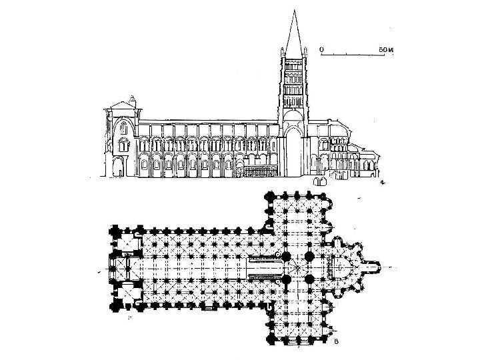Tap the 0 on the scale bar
pos(321,49)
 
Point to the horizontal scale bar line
pos(353,55)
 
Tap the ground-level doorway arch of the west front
pos(119,167)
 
